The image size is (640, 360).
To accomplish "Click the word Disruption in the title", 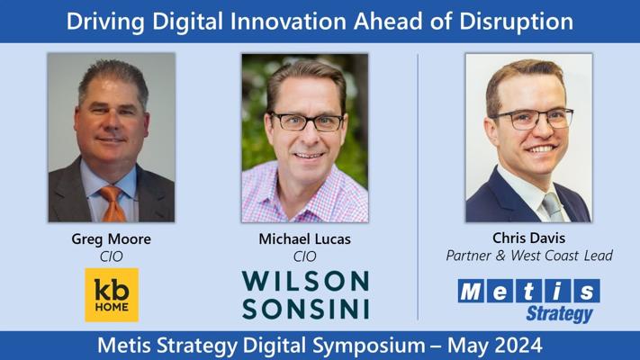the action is coord(517,22).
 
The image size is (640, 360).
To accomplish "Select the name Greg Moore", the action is coord(111,239).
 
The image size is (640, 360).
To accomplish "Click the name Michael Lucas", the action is coord(304,238).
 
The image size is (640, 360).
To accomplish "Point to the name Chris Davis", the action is coord(528,238).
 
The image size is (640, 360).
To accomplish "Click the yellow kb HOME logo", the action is coord(112,294).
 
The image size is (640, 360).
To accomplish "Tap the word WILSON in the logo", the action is coord(305,281).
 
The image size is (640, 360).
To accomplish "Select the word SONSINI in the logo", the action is coord(305,309).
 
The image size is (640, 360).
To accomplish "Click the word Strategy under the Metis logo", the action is coord(559,314).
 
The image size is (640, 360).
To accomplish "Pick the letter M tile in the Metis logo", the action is coord(472,291).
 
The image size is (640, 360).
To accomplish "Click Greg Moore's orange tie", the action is coord(113,203).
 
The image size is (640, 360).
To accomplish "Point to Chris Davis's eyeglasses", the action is coord(533,119).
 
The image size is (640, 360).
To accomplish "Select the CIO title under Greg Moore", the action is coord(111,256).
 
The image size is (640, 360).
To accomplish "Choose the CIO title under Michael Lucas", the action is coord(304,256).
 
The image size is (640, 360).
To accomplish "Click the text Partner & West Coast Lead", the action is coord(529,256).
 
